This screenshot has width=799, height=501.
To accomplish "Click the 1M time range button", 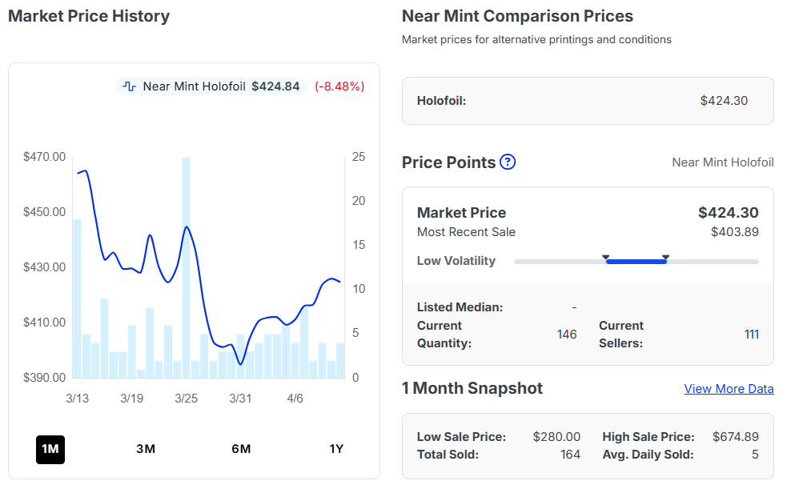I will (x=50, y=449).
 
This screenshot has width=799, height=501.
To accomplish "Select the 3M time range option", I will (x=146, y=449).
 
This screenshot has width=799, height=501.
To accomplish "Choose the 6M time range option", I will (x=241, y=449).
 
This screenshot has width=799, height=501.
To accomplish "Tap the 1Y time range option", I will (x=336, y=449).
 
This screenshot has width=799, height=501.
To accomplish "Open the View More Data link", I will (x=729, y=389).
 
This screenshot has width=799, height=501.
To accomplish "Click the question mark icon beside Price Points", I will (x=508, y=162).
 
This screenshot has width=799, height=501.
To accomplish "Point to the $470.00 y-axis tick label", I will (x=45, y=157).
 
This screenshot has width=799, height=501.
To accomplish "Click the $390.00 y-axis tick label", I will (x=45, y=378).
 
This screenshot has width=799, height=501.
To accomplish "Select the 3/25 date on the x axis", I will (x=186, y=399).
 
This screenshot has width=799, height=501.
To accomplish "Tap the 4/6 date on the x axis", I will (x=295, y=399).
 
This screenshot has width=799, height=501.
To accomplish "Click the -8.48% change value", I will (x=339, y=86).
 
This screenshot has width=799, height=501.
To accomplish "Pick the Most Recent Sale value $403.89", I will (x=734, y=232).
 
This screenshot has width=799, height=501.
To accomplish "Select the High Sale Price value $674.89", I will (x=735, y=437).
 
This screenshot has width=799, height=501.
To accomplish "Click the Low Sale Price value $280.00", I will (x=556, y=437).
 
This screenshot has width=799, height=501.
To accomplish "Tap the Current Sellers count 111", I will (x=751, y=335).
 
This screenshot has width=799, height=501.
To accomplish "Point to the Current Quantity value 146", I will (x=567, y=335).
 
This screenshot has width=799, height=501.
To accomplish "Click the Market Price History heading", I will (x=89, y=16).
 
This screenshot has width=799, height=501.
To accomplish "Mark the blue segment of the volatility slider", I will (x=636, y=262).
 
